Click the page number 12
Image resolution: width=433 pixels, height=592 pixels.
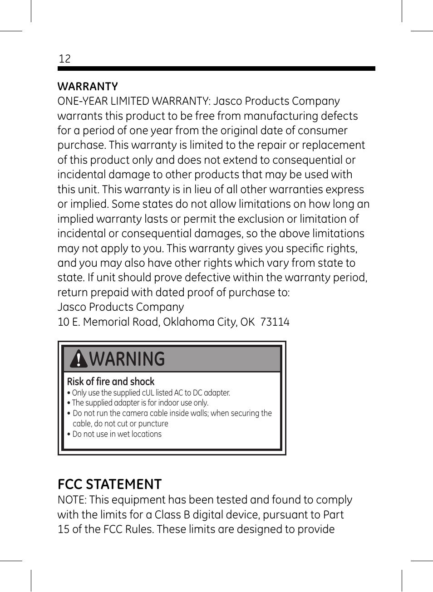(x=64, y=59)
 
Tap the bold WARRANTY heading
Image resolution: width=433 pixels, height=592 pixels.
(x=88, y=87)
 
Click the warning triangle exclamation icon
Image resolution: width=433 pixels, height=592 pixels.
(x=79, y=359)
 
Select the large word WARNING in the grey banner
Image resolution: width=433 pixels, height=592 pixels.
(x=127, y=359)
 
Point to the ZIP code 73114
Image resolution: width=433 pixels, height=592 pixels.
(x=275, y=322)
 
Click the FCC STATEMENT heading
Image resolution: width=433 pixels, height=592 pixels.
(x=109, y=484)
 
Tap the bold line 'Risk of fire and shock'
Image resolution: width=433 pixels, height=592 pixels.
(x=111, y=382)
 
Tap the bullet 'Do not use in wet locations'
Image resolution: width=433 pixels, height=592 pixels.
(x=117, y=434)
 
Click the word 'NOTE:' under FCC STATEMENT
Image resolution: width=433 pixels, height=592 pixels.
(x=72, y=500)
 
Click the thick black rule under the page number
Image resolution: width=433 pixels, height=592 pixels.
(x=216, y=68)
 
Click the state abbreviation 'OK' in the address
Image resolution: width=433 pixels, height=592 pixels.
(x=247, y=322)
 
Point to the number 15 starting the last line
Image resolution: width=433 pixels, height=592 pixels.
(x=63, y=529)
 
